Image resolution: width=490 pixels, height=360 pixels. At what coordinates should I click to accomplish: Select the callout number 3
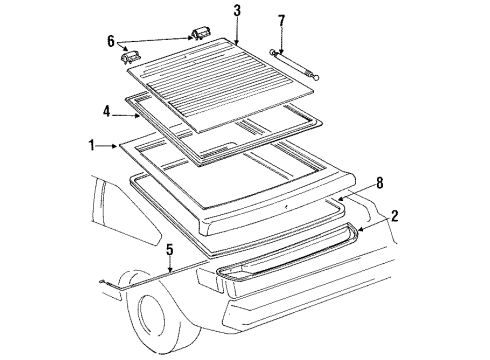tap(236, 11)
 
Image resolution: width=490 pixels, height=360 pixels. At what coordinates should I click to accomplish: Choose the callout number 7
tap(281, 20)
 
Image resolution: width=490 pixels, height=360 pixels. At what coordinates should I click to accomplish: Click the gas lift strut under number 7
tap(294, 65)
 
